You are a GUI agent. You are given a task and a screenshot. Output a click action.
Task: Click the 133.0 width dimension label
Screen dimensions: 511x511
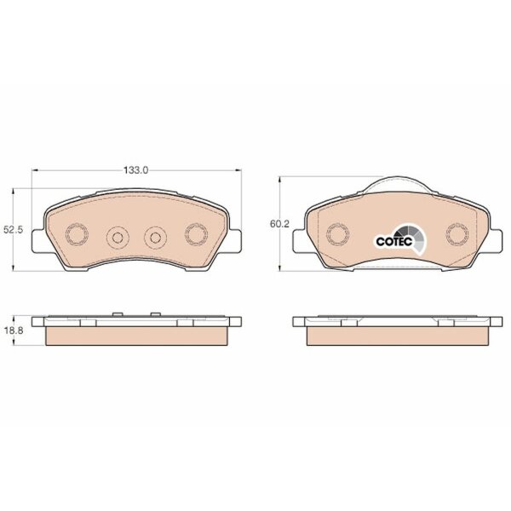pyautogui.click(x=135, y=170)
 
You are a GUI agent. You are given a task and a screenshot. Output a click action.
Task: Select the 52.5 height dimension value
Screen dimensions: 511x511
pyautogui.click(x=13, y=230)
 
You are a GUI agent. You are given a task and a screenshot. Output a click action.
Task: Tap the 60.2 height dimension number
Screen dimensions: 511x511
pyautogui.click(x=279, y=224)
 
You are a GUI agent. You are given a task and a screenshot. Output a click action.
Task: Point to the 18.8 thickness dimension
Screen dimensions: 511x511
pyautogui.click(x=13, y=330)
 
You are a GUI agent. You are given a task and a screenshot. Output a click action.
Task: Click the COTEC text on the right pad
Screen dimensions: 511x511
pyautogui.click(x=394, y=242)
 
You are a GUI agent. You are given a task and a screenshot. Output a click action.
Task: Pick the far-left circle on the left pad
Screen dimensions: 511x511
pyautogui.click(x=78, y=234)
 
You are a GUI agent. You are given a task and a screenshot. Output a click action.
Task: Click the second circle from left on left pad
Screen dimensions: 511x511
pyautogui.click(x=118, y=238)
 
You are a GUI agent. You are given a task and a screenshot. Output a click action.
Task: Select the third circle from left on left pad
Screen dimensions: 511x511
pyautogui.click(x=156, y=238)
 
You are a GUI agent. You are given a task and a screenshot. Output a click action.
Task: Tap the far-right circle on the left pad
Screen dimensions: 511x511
pyautogui.click(x=196, y=234)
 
